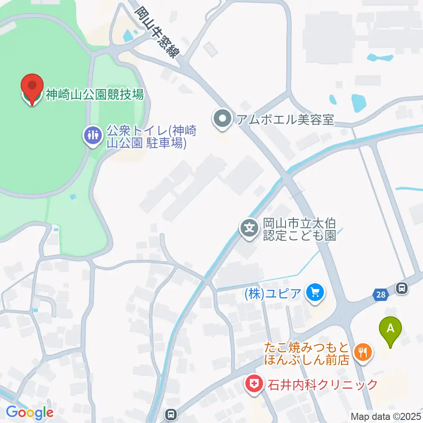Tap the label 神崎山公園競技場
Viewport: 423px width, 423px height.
[95, 94]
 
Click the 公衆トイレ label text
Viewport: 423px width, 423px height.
[149, 137]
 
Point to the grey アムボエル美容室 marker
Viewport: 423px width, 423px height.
[222, 119]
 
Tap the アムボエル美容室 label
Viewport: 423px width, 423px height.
[285, 119]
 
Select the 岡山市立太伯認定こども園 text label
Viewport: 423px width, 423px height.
[300, 229]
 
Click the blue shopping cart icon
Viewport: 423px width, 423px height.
[315, 292]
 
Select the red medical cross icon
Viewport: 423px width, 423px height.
[254, 384]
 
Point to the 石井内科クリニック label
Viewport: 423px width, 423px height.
[323, 385]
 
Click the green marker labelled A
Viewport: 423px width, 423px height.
[390, 330]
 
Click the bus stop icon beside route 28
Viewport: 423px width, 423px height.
[401, 289]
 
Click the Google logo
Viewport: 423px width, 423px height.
[30, 412]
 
